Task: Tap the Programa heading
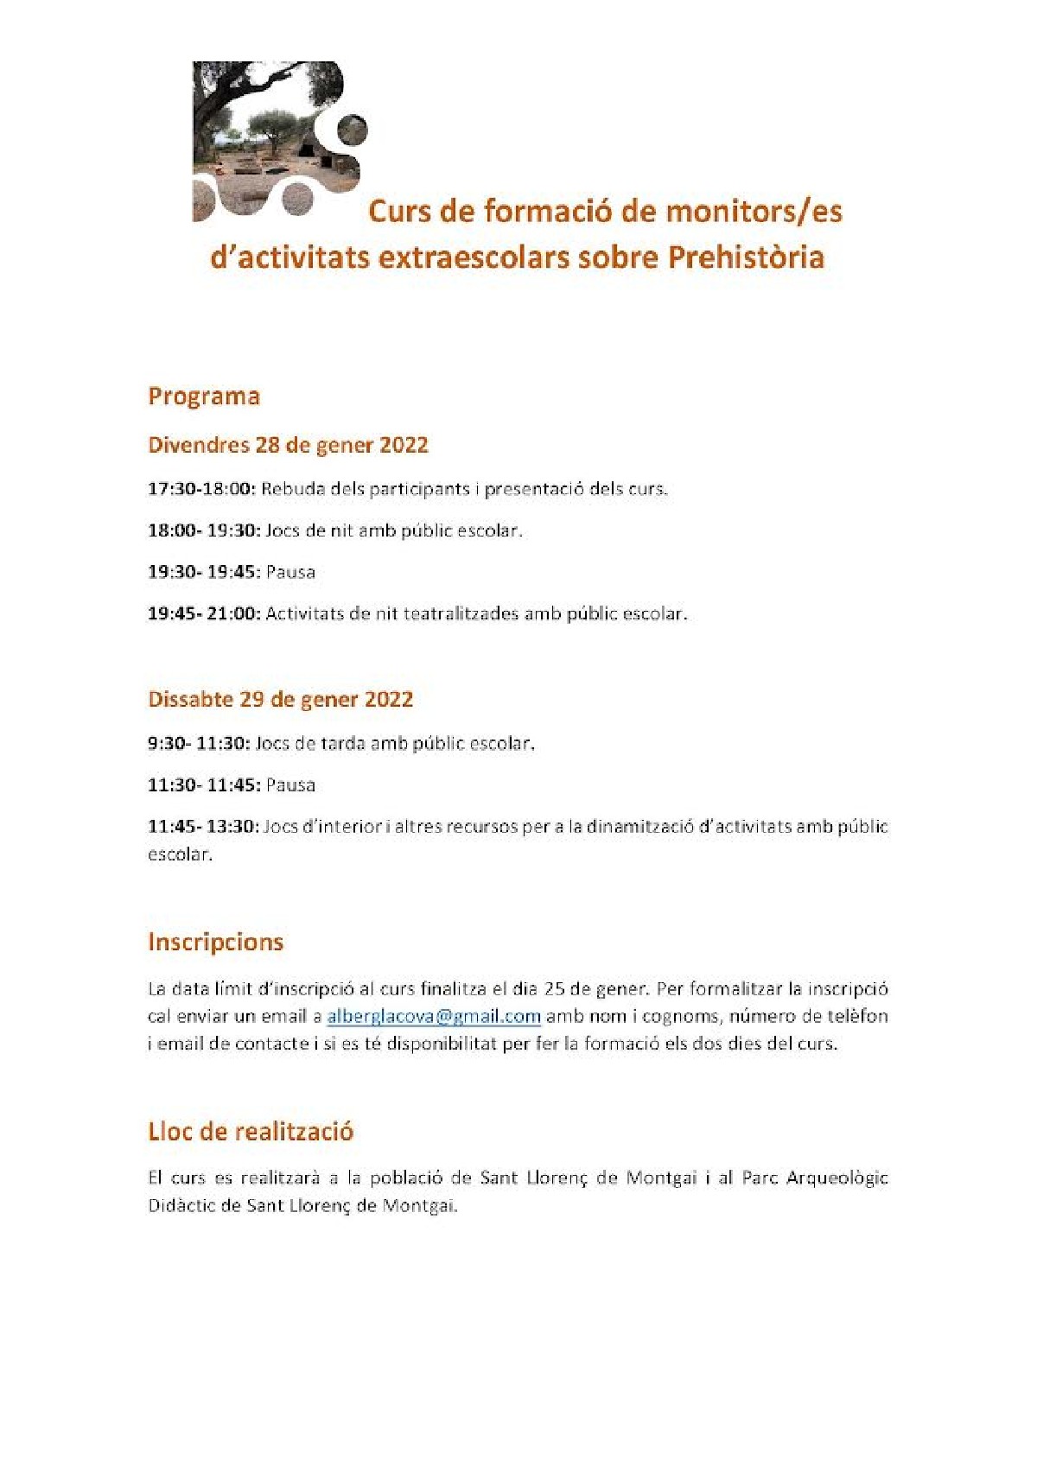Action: [x=204, y=397]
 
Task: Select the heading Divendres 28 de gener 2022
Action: [x=289, y=445]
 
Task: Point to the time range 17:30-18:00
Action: [x=201, y=489]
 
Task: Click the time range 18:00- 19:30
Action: [x=204, y=530]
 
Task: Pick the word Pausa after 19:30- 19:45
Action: [x=291, y=572]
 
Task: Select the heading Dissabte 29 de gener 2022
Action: [x=281, y=699]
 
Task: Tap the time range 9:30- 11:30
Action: [x=199, y=743]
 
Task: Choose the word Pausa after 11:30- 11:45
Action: [x=291, y=785]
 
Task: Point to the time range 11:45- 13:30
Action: [x=203, y=827]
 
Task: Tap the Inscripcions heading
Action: [x=216, y=942]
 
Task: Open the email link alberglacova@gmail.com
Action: [x=434, y=1016]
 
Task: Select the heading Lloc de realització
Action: [x=251, y=1132]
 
